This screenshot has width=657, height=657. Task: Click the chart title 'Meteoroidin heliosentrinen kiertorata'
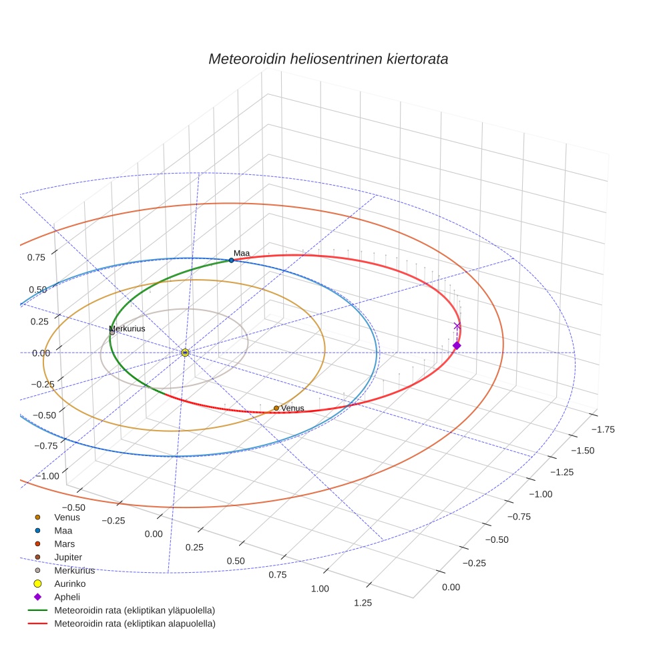point(328,59)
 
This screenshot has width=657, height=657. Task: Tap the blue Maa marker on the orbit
point(231,260)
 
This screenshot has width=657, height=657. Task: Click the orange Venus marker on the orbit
point(276,408)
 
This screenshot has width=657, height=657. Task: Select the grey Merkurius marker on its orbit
point(112,333)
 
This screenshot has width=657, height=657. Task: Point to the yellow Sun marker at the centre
point(185,352)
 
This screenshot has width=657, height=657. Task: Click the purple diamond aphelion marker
point(457,345)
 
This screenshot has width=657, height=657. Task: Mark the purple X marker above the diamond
point(457,326)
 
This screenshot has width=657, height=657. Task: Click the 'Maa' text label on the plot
point(242,254)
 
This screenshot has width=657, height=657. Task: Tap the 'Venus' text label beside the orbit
point(292,408)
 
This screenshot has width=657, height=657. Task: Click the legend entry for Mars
point(64,543)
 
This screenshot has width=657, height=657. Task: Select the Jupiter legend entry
point(68,557)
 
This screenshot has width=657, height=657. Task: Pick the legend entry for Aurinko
point(69,584)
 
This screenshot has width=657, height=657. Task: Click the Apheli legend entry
point(67,597)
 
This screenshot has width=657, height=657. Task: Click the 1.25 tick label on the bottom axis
point(363,603)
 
